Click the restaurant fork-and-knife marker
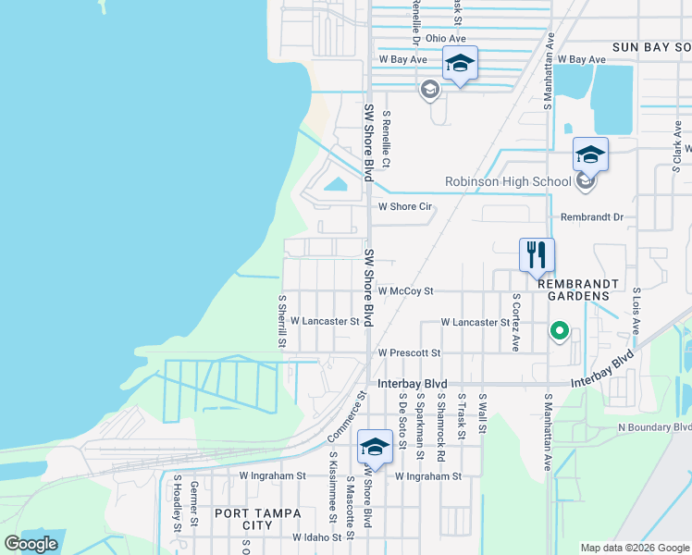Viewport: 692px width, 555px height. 537,254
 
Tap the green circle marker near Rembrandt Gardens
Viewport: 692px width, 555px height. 559,330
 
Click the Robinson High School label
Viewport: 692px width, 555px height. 508,181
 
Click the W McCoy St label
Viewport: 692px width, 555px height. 405,290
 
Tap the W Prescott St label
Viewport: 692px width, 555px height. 409,353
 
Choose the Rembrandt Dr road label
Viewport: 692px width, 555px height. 593,217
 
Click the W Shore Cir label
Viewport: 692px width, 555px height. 404,207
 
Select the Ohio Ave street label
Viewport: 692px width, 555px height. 445,38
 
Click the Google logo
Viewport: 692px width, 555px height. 31,544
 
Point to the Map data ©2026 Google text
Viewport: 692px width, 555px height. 634,548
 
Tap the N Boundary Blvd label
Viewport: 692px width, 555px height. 654,427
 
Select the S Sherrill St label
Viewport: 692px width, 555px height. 282,322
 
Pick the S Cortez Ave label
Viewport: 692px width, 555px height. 516,323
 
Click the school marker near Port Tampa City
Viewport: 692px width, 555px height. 375,448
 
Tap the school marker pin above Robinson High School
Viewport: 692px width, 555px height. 590,154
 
